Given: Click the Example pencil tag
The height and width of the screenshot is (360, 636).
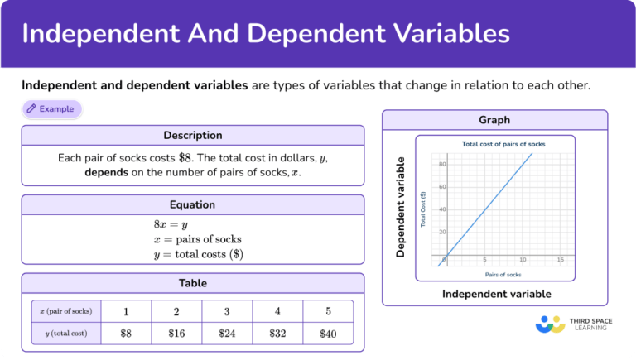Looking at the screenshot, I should coord(52,108).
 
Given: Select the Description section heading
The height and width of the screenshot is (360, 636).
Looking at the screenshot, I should coord(192,135).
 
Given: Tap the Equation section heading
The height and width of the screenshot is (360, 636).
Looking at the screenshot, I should coord(192,204).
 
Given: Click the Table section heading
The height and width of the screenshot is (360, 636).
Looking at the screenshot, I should coord(192,283).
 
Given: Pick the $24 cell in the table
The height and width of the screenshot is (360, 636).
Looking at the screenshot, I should coord(227,334).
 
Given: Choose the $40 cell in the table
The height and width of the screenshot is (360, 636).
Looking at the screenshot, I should coord(328,334).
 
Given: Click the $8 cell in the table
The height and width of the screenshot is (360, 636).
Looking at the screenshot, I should coord(126,334).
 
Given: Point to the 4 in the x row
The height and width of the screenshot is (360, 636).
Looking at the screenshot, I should coord(277,311).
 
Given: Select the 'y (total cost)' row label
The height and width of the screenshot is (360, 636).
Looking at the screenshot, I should coord(65,334).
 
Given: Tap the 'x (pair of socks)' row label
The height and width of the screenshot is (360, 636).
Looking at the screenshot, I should coord(65,311).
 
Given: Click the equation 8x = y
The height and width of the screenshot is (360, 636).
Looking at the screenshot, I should coord(171,224).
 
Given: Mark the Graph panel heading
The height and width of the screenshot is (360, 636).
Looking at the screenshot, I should coord(494,120).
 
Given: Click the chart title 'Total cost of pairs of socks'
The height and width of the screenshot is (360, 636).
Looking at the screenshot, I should coord(503,144).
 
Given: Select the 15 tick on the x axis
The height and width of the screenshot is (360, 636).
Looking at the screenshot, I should coord(560,260).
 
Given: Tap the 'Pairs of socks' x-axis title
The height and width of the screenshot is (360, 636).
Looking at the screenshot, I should coord(503,274).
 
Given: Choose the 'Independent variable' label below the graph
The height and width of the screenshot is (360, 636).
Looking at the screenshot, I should coord(496,294).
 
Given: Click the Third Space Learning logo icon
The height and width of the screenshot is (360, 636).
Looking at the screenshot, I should coord(550,324).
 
